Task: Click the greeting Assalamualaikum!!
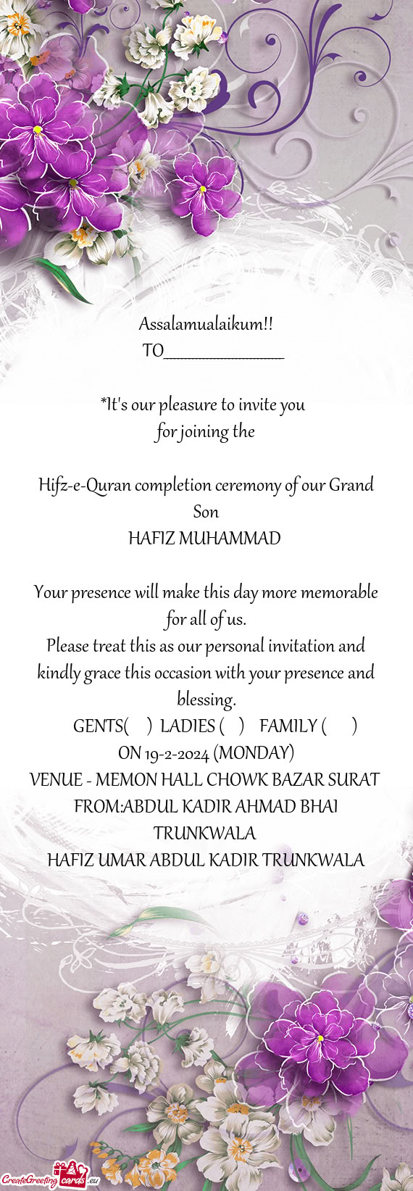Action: coord(206,324)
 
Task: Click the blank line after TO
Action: coord(224,353)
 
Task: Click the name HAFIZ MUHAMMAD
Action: coord(204,539)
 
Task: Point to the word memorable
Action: coord(339,592)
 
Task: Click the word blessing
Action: coord(206,700)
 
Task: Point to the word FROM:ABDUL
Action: coord(120,807)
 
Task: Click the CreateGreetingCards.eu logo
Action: coord(50,1179)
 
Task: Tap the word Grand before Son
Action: coord(351,485)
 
